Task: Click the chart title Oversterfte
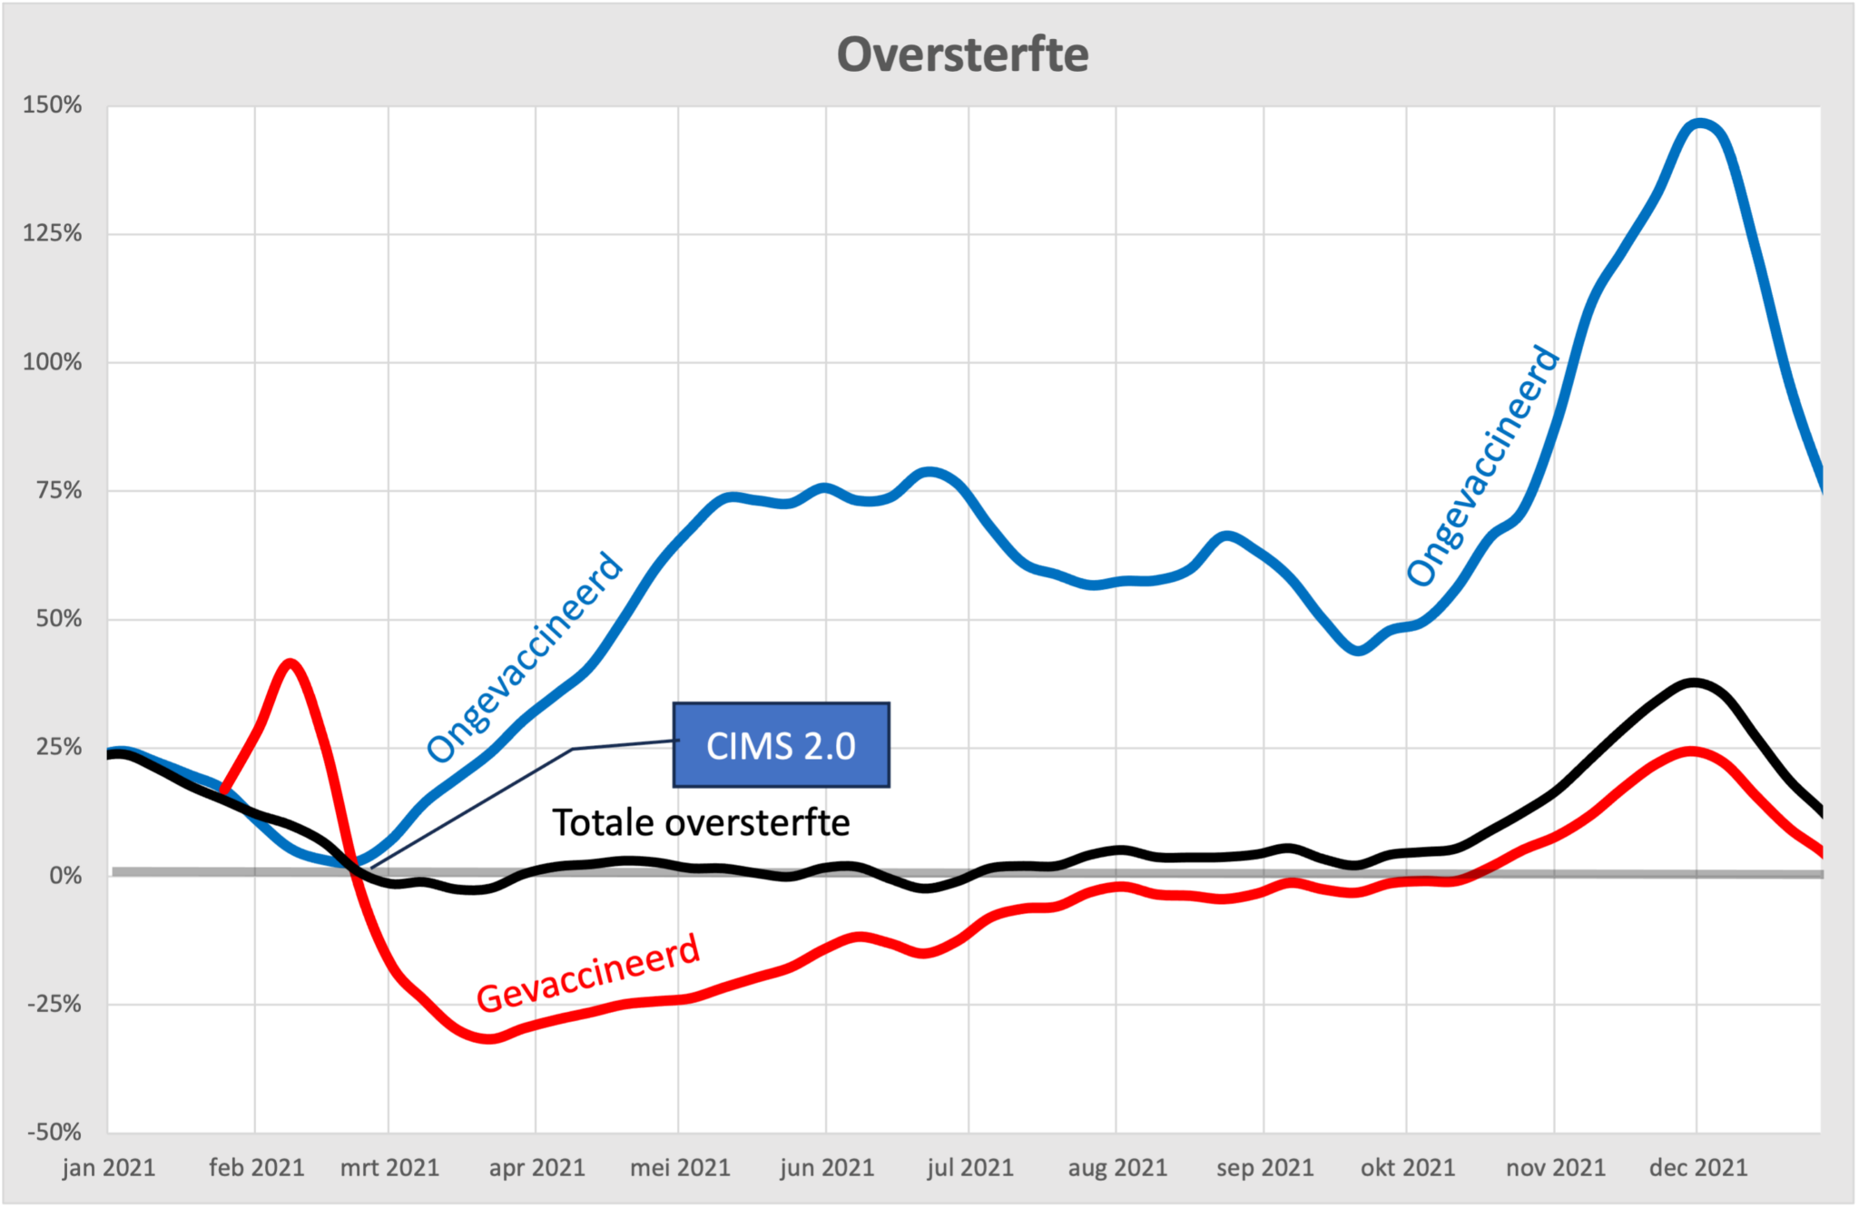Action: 962,54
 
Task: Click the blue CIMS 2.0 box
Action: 781,745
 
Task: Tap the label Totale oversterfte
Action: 701,822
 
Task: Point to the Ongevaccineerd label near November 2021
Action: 1482,466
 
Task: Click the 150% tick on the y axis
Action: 53,105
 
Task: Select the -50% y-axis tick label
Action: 54,1132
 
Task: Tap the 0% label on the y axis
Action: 65,876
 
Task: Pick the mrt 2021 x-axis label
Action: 389,1167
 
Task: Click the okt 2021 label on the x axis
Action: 1407,1167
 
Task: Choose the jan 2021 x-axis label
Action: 109,1167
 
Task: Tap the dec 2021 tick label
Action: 1697,1167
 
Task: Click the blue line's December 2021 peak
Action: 1700,124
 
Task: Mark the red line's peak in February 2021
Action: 290,663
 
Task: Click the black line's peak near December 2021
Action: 1695,683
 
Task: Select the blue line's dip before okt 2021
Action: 1357,650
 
